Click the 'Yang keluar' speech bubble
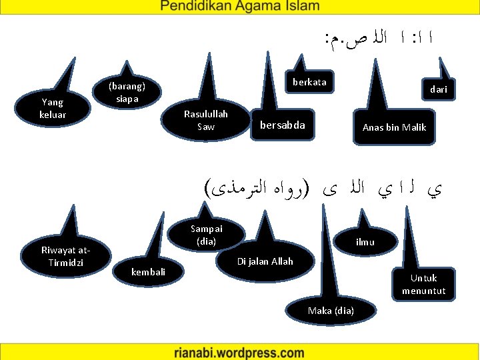[x=53, y=109]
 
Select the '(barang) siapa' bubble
[x=126, y=93]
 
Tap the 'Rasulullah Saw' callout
[x=206, y=121]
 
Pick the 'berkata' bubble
[x=309, y=83]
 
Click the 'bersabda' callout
[x=282, y=125]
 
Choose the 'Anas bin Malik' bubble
[x=394, y=127]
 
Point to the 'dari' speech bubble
[x=438, y=89]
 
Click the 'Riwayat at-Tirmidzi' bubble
[x=64, y=256]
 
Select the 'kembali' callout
[x=148, y=272]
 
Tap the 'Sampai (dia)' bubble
[x=207, y=235]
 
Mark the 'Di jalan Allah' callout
[x=265, y=261]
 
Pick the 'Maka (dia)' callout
[x=331, y=311]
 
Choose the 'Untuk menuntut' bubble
[x=423, y=285]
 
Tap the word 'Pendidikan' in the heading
[x=197, y=7]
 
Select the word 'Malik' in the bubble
[x=413, y=127]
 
